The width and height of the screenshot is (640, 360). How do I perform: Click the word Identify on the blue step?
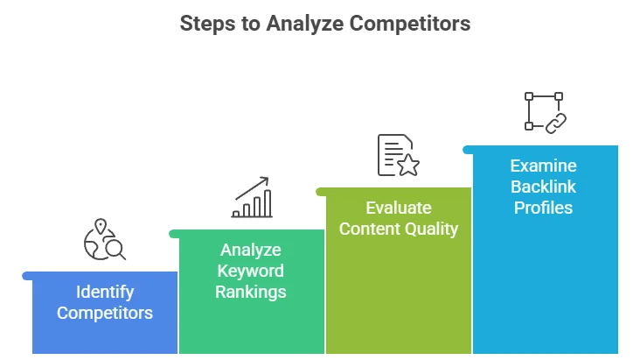point(105,292)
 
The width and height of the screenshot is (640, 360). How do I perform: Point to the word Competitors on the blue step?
point(105,313)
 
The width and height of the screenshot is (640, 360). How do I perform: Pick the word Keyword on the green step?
point(251,271)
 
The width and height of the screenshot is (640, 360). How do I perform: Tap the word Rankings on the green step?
point(251,292)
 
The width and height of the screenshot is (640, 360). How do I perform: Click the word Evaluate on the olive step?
point(399,208)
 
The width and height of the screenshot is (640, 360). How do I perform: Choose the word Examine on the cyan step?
point(544,166)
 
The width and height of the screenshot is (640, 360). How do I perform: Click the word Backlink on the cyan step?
point(544,187)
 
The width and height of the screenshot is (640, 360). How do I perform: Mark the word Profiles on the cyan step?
point(544,208)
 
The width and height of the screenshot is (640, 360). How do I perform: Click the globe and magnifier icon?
point(104,241)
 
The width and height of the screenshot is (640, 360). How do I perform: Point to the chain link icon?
point(555,124)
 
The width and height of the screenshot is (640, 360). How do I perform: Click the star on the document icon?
point(408,164)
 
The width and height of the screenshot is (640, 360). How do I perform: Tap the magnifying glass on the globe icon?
point(114,250)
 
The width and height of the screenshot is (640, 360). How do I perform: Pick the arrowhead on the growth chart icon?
point(265,180)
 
